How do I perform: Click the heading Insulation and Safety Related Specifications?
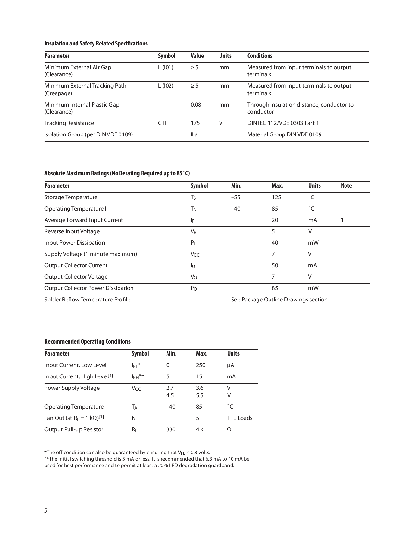click(x=96, y=44)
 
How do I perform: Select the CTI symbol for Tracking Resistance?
click(x=162, y=123)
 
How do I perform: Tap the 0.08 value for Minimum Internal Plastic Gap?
click(x=195, y=105)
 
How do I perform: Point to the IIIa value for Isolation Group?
click(x=194, y=134)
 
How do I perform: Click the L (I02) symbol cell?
click(x=166, y=86)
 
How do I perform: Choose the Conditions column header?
click(x=260, y=56)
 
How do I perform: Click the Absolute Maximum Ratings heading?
click(x=117, y=173)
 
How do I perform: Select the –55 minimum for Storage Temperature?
click(x=236, y=197)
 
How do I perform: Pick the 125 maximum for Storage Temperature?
click(x=276, y=197)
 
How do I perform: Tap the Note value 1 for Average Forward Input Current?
click(x=342, y=220)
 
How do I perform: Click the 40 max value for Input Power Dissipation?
click(x=275, y=243)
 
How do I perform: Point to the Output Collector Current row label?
click(x=76, y=265)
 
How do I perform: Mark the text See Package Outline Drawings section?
click(x=279, y=300)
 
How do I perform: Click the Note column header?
click(x=346, y=186)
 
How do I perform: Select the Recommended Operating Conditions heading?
click(x=87, y=341)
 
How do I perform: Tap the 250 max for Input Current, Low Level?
click(x=201, y=365)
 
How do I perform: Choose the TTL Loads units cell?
click(x=240, y=418)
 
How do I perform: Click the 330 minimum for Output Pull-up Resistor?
click(x=171, y=429)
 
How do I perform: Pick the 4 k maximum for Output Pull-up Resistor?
click(x=199, y=429)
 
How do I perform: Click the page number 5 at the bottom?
click(x=46, y=511)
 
